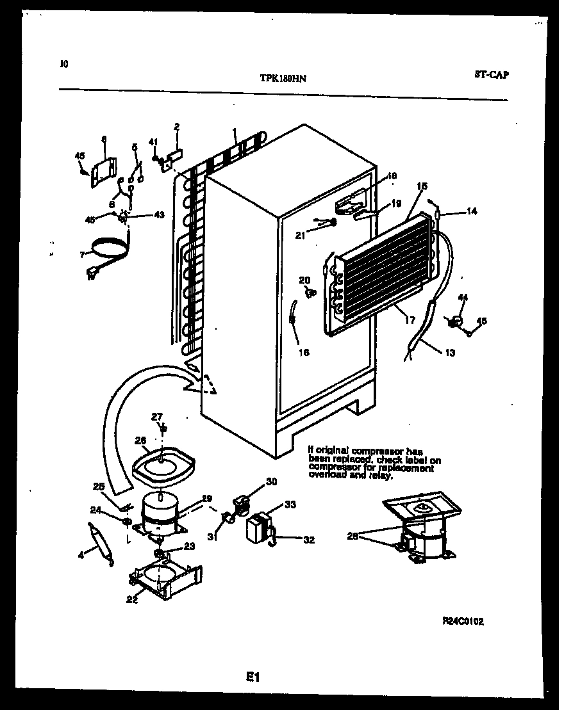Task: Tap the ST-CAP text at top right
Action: coord(492,75)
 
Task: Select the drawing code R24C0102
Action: coord(463,620)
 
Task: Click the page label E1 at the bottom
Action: coord(253,676)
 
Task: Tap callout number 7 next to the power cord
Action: coord(83,254)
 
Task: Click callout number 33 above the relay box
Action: coord(290,504)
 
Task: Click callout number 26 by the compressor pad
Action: coord(140,439)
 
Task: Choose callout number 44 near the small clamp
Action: coord(464,296)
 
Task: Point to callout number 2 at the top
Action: coord(176,126)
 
